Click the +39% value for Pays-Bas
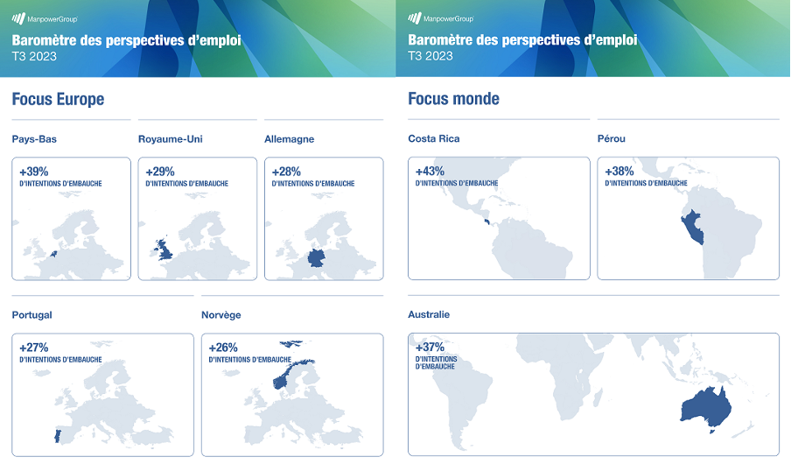pos(34,172)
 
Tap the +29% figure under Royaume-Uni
pos(160,172)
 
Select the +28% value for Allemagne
pos(286,172)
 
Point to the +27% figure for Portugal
pos(34,348)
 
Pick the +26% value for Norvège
pos(223,348)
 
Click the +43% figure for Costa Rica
pos(430,172)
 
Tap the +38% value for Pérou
pos(619,172)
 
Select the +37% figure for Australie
pos(430,347)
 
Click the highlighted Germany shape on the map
pos(316,257)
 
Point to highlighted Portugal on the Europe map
pos(58,436)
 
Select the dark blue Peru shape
pos(691,227)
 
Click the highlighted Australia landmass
pos(706,406)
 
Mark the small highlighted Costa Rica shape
pos(486,221)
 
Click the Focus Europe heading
pos(58,99)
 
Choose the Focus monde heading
pos(453,98)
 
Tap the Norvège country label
pos(221,315)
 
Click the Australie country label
pos(429,314)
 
